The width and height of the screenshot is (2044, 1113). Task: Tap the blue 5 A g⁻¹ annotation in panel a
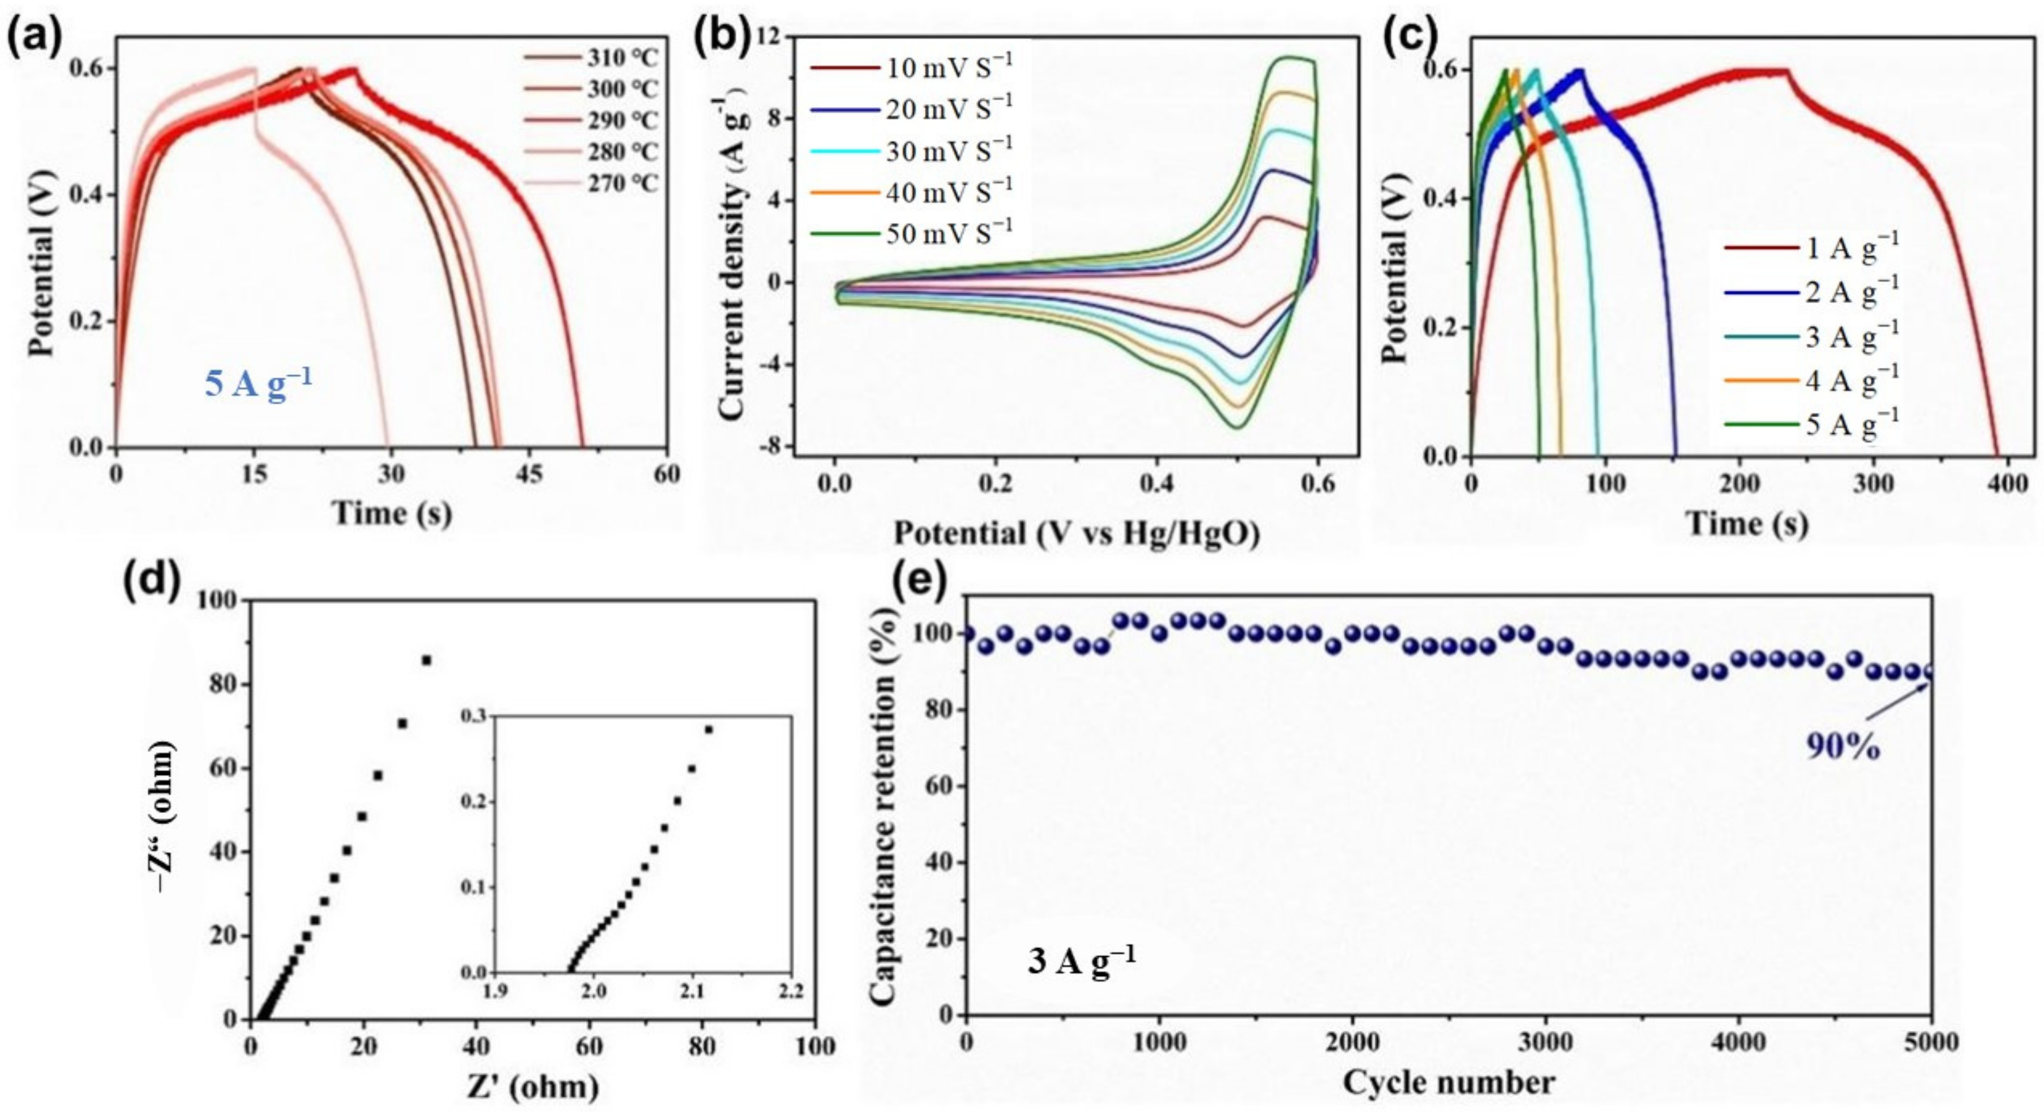258,383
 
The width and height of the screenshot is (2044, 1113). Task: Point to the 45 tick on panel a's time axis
529,474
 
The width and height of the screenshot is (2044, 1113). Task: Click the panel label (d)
153,581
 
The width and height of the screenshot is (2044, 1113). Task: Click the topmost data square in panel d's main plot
426,660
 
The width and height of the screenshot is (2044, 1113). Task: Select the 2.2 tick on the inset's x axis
790,992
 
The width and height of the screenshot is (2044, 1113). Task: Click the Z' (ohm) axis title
532,1085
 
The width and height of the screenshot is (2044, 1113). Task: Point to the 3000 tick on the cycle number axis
1545,1041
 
